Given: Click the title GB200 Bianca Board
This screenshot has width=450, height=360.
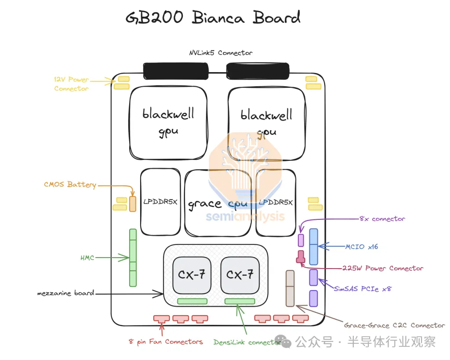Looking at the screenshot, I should click(213, 18).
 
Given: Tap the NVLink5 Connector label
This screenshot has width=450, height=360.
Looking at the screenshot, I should click(221, 53).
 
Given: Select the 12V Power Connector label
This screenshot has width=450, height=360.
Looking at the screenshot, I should click(71, 84).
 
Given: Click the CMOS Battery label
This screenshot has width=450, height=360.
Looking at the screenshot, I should click(70, 185).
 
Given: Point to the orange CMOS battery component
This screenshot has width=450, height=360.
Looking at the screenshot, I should click(133, 204).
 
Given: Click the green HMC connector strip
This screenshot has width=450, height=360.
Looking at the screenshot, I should click(133, 257).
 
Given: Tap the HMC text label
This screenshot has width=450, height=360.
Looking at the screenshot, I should click(87, 258).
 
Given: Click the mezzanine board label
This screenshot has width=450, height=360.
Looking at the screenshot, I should click(65, 293).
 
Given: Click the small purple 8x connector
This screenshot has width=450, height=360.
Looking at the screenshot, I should click(301, 240).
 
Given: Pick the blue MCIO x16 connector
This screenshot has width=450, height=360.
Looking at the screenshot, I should click(313, 246).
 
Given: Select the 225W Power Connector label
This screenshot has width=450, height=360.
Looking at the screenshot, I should click(383, 268).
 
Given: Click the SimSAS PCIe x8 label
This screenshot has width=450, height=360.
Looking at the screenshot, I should click(363, 289).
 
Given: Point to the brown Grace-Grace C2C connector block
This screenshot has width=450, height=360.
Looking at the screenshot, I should click(290, 288).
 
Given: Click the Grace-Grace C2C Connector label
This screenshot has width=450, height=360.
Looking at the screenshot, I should click(394, 325).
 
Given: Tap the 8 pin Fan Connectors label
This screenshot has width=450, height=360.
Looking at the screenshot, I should click(166, 342).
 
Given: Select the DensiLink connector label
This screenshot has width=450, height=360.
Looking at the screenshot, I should click(247, 342).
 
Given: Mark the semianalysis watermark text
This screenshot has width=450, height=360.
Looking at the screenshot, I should click(245, 216).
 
